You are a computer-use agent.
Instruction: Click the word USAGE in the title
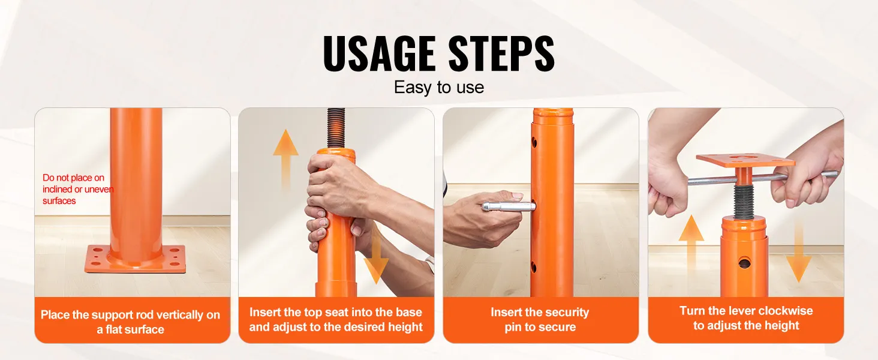378,53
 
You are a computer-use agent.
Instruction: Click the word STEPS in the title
502,53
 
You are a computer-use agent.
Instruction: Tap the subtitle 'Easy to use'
438,87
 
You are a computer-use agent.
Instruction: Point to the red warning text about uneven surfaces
77,189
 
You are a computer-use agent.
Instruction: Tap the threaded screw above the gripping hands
336,128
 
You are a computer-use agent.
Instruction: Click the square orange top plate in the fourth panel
745,160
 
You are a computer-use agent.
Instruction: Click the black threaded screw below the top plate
744,200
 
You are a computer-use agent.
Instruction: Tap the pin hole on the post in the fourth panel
744,262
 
